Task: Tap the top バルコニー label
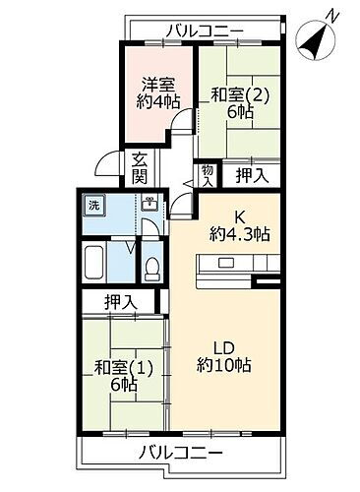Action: (203, 31)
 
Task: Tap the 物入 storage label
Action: (208, 175)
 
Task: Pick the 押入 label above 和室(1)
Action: (121, 303)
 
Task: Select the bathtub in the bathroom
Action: (95, 264)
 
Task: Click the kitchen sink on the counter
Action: (226, 263)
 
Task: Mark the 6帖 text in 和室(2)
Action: (237, 114)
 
